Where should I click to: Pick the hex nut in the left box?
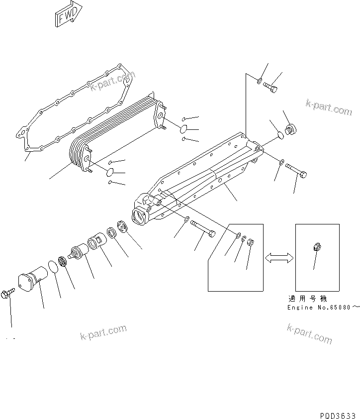tap(251, 243)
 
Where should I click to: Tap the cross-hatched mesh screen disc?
tap(62, 261)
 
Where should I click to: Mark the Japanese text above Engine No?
tap(307, 299)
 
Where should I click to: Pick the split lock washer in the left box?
tap(244, 240)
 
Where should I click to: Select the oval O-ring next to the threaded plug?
tap(280, 134)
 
